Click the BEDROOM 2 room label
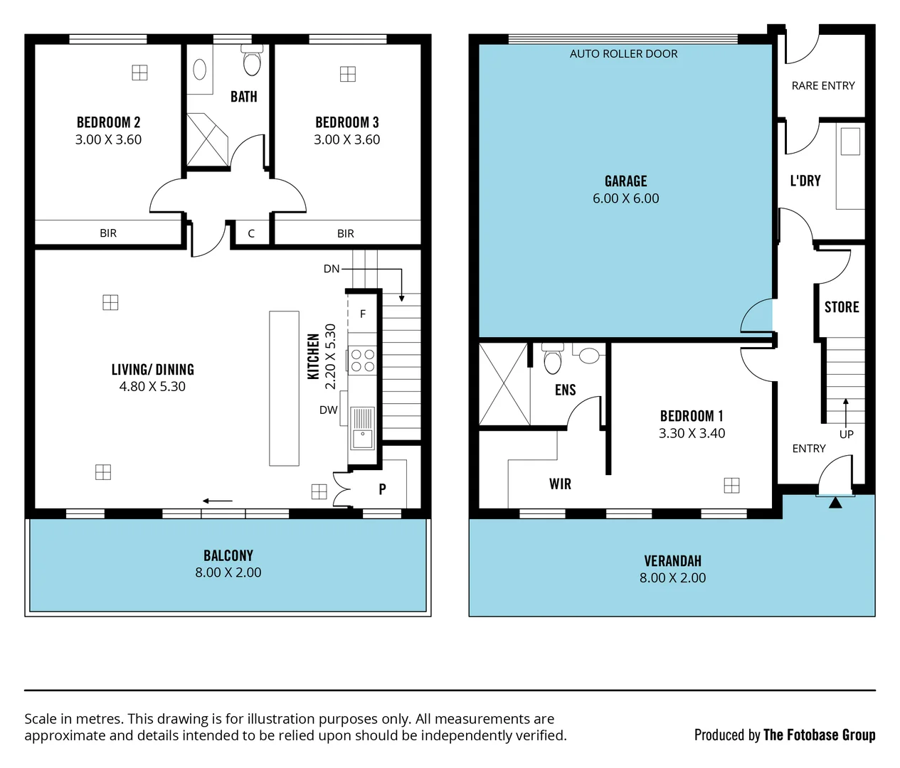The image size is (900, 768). pos(108,122)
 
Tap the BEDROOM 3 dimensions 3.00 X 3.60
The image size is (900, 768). pos(346,140)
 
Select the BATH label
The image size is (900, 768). pos(243,97)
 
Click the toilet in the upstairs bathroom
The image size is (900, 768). pos(252,61)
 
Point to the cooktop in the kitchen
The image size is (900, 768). pos(362,360)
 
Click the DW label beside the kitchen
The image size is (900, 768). pos(328,410)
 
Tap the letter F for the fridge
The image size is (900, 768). pos(363,314)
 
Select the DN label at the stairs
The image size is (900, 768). pos(332,269)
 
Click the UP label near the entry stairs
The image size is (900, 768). pos(846,434)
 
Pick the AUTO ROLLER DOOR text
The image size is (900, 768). pos(623,54)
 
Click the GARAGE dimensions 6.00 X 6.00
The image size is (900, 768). pos(625,199)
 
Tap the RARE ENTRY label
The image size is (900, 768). pos(822,85)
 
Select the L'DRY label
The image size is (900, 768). pos(805,181)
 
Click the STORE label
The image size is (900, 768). pos(842,307)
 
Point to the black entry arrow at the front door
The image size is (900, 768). pos(835,503)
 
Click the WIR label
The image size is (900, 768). pos(560,484)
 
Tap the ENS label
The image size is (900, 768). pos(565,390)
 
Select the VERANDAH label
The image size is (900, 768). pos(672,561)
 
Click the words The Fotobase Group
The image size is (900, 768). pos(819,735)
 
